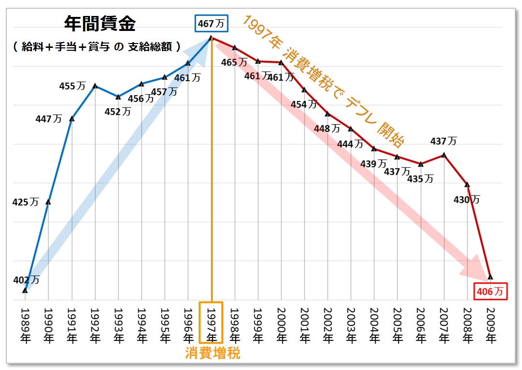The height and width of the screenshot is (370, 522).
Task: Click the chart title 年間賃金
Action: click(x=100, y=24)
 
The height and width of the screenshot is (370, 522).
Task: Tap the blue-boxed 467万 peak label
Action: click(x=211, y=23)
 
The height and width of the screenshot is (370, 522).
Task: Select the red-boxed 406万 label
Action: click(x=491, y=291)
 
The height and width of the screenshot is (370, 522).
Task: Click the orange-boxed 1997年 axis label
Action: click(x=211, y=324)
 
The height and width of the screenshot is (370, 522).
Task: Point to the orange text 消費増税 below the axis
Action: click(x=213, y=354)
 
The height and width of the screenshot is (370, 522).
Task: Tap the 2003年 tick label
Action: click(x=351, y=324)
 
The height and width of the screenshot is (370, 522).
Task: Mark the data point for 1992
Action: click(x=95, y=86)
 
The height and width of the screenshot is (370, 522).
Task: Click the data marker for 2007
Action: click(x=444, y=155)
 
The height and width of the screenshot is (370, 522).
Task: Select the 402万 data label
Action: click(x=26, y=280)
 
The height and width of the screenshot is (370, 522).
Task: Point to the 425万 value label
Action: click(x=25, y=202)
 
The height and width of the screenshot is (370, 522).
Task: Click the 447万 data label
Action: click(x=48, y=119)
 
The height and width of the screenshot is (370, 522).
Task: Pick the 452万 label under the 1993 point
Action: click(x=117, y=111)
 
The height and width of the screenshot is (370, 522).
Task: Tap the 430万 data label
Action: click(x=466, y=199)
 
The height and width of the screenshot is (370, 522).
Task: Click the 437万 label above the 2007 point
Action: click(x=443, y=141)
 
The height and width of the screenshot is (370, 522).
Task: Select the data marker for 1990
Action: click(x=48, y=202)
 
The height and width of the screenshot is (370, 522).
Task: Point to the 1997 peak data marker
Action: click(x=211, y=38)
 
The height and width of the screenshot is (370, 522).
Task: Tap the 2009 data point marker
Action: click(x=491, y=277)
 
